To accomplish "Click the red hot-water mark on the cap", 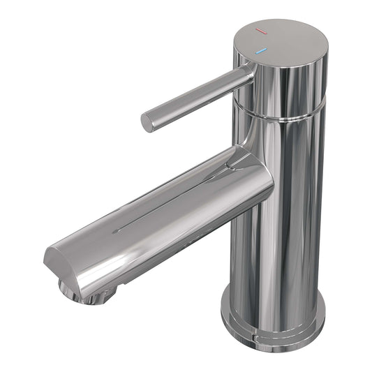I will click(260, 32).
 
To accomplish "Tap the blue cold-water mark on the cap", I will click(261, 52).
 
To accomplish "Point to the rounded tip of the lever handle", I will click(147, 122).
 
